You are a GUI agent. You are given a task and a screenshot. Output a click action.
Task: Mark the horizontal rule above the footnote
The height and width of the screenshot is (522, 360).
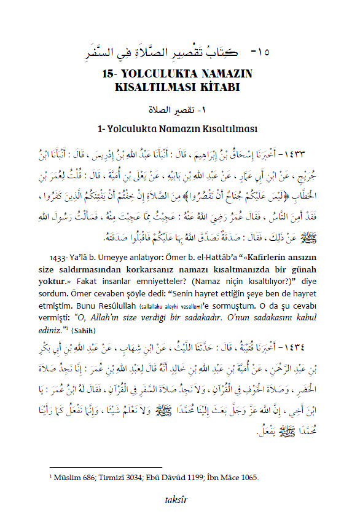click(104, 468)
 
